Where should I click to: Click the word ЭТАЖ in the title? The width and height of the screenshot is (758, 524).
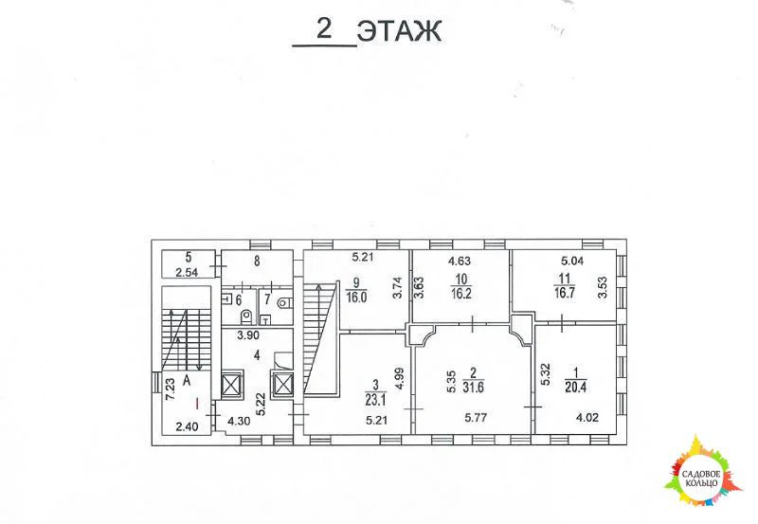(399, 32)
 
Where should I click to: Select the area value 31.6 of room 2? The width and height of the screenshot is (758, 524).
(473, 388)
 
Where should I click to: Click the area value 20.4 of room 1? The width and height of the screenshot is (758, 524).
(576, 387)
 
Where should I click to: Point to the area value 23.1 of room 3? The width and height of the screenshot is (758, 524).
(377, 400)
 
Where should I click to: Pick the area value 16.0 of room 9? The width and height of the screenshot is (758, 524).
(356, 297)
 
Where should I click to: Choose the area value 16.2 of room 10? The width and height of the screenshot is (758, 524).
(461, 294)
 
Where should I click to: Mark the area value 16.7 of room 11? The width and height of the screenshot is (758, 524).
(564, 293)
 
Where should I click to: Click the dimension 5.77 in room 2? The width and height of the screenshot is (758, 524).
(476, 417)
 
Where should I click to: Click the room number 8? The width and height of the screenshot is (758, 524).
(257, 262)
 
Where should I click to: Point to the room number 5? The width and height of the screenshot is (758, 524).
(189, 257)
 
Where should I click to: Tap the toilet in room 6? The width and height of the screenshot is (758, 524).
(246, 316)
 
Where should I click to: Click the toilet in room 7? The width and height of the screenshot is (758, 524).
(285, 303)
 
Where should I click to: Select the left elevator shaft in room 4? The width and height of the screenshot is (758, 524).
(232, 385)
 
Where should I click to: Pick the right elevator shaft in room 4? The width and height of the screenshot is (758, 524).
(282, 385)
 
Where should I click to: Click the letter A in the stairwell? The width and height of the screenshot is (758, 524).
(187, 381)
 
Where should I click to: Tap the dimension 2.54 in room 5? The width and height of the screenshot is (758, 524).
(187, 273)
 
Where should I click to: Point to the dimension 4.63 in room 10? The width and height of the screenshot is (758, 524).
(460, 262)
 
